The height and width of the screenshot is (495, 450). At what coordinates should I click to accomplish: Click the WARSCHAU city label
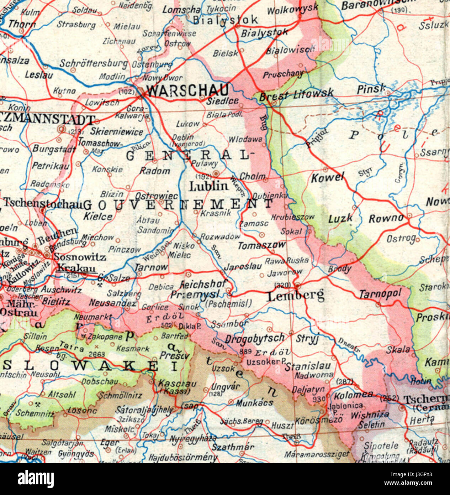[x=187, y=90]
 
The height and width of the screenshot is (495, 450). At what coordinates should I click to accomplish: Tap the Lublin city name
[x=208, y=186]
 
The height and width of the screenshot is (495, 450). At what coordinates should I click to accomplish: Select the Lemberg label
[x=296, y=296]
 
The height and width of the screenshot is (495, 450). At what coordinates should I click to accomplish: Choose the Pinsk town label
[x=372, y=88]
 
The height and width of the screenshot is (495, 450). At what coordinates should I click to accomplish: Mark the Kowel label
[x=328, y=177]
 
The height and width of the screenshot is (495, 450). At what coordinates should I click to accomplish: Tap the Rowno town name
[x=386, y=218]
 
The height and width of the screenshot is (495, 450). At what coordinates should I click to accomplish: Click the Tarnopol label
[x=380, y=294]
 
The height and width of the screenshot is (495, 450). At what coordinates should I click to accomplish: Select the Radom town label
[x=155, y=171]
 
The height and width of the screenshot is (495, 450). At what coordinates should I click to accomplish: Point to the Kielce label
[x=98, y=216]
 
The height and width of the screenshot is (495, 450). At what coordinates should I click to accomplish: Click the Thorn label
[x=22, y=24]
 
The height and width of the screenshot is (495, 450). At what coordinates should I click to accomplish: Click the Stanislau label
[x=308, y=366]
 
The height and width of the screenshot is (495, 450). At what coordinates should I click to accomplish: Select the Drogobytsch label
[x=255, y=338]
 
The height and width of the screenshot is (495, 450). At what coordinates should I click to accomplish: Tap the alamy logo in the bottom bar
[x=36, y=479]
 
